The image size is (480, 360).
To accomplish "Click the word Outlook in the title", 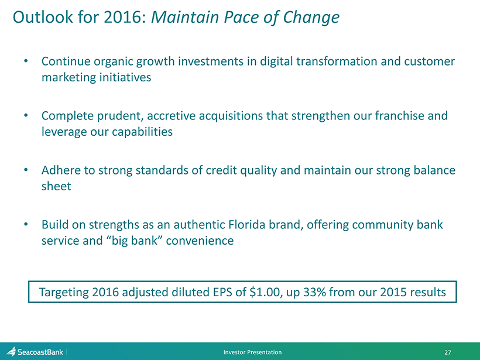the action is [x=43, y=17].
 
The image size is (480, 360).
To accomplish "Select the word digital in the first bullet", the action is [x=276, y=62].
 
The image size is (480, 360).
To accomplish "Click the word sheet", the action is [x=56, y=186].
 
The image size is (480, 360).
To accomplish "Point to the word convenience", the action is [x=200, y=241].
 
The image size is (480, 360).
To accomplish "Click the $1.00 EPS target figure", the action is [x=265, y=292].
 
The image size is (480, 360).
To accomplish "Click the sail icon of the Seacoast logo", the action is [x=11, y=351].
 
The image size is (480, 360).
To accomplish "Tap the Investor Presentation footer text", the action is [x=252, y=352].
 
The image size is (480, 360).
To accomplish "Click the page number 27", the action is [x=448, y=352].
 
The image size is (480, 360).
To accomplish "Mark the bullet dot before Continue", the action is [x=26, y=61].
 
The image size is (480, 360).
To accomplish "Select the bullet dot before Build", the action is [x=26, y=225].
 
